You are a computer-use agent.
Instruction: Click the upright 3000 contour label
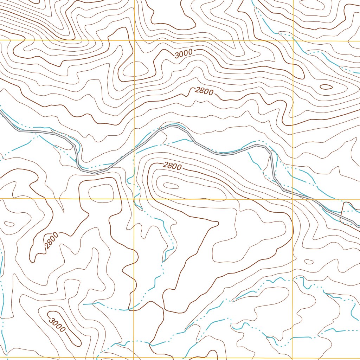(184, 53)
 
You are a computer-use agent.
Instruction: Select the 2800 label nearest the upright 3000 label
(204, 91)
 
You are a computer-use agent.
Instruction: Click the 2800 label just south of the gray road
(172, 166)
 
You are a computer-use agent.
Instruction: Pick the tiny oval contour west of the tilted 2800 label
(8, 224)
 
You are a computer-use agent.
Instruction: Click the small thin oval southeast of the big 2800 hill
(309, 262)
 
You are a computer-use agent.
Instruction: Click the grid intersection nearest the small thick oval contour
(293, 41)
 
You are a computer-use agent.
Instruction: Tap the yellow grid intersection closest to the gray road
(293, 199)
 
